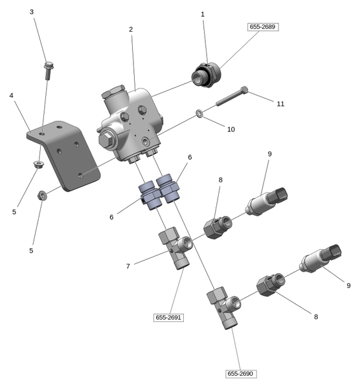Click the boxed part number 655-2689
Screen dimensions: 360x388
click(263, 27)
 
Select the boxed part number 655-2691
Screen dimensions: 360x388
click(168, 318)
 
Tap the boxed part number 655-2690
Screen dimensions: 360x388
click(241, 374)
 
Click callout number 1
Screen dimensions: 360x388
click(203, 14)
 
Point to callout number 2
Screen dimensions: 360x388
click(131, 29)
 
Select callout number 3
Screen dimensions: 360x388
click(32, 12)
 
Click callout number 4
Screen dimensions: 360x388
click(11, 95)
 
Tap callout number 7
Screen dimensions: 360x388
click(128, 266)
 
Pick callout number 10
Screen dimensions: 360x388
click(231, 129)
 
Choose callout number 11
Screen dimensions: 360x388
click(280, 103)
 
